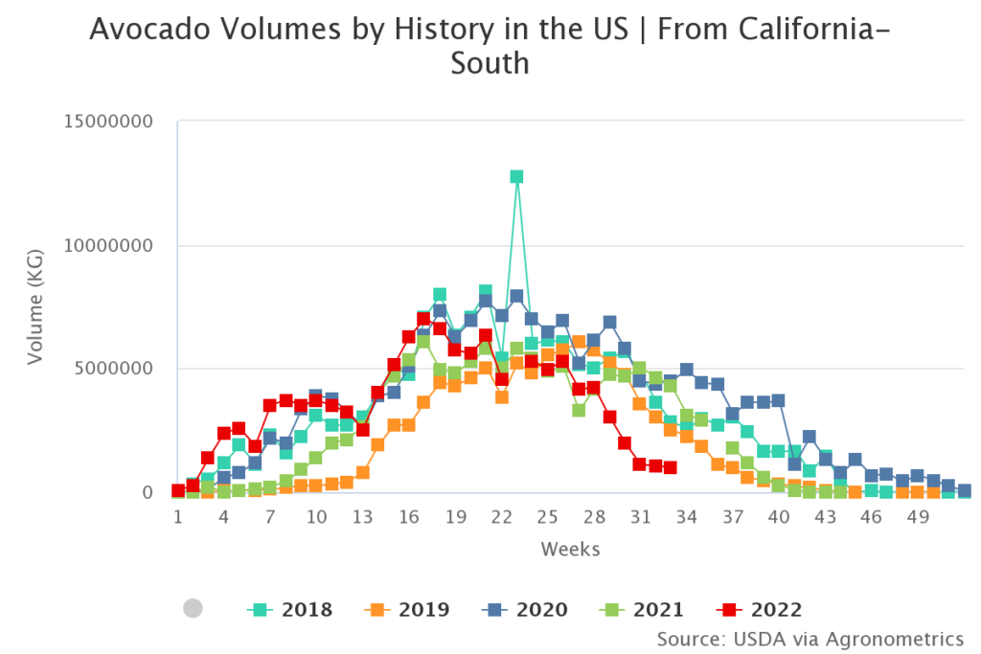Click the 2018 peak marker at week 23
coord(516,176)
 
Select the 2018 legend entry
coord(290,609)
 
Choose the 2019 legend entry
coord(407,609)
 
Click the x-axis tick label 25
coord(547,517)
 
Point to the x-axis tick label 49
coord(917,517)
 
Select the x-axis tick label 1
coord(178,517)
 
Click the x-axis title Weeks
coord(570,549)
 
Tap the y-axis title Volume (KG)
coord(35,306)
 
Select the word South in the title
coord(490,63)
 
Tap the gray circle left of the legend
coord(193,608)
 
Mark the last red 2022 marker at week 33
coord(670,467)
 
